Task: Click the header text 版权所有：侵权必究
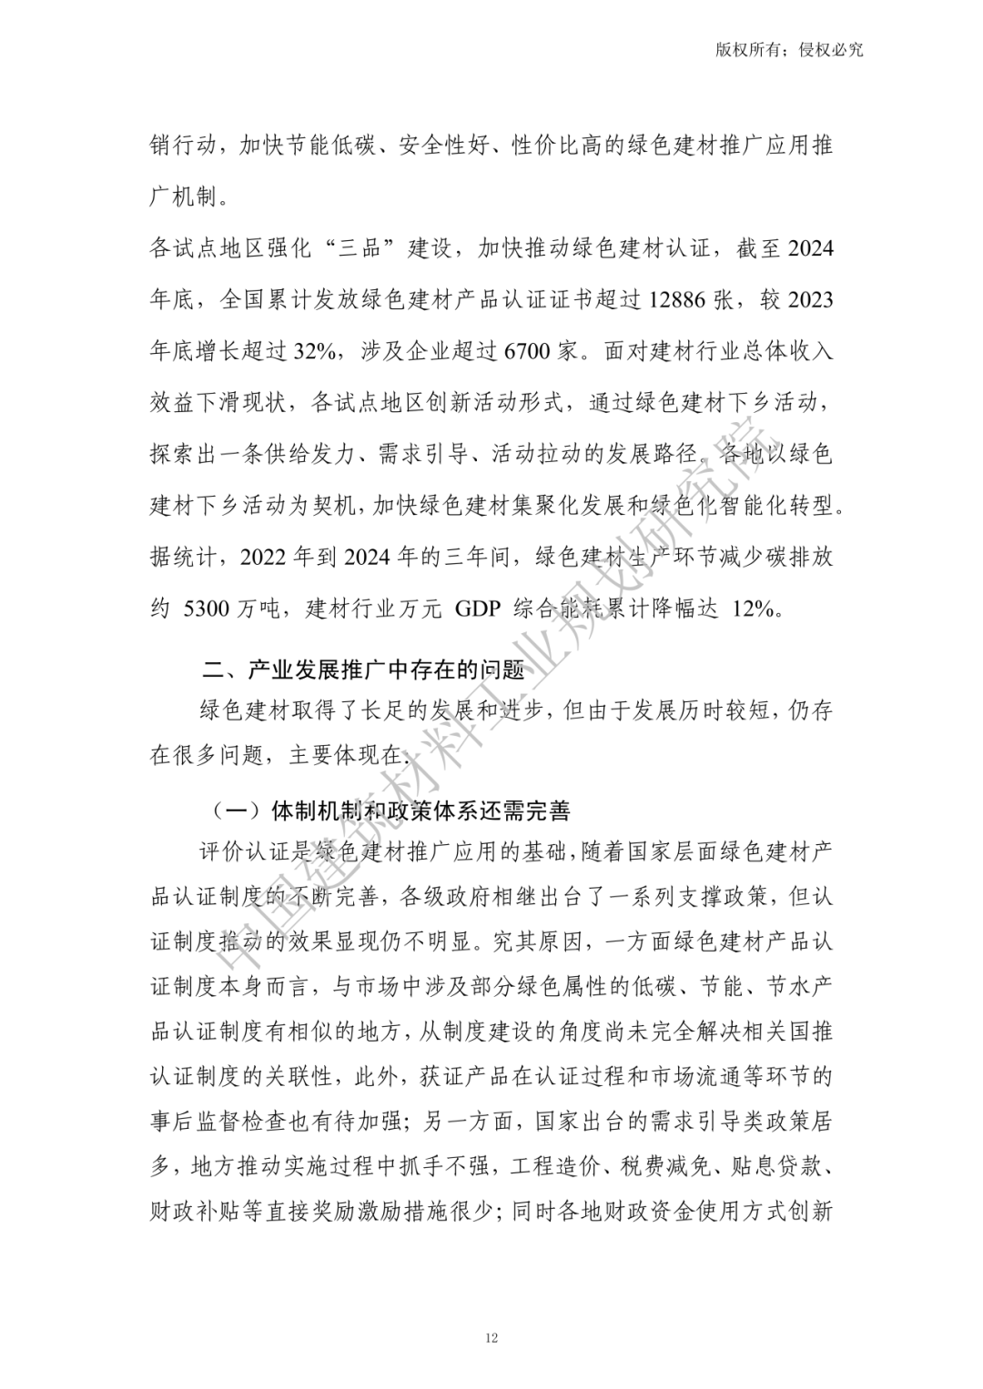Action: tap(789, 50)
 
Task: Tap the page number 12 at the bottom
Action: tap(491, 1337)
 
